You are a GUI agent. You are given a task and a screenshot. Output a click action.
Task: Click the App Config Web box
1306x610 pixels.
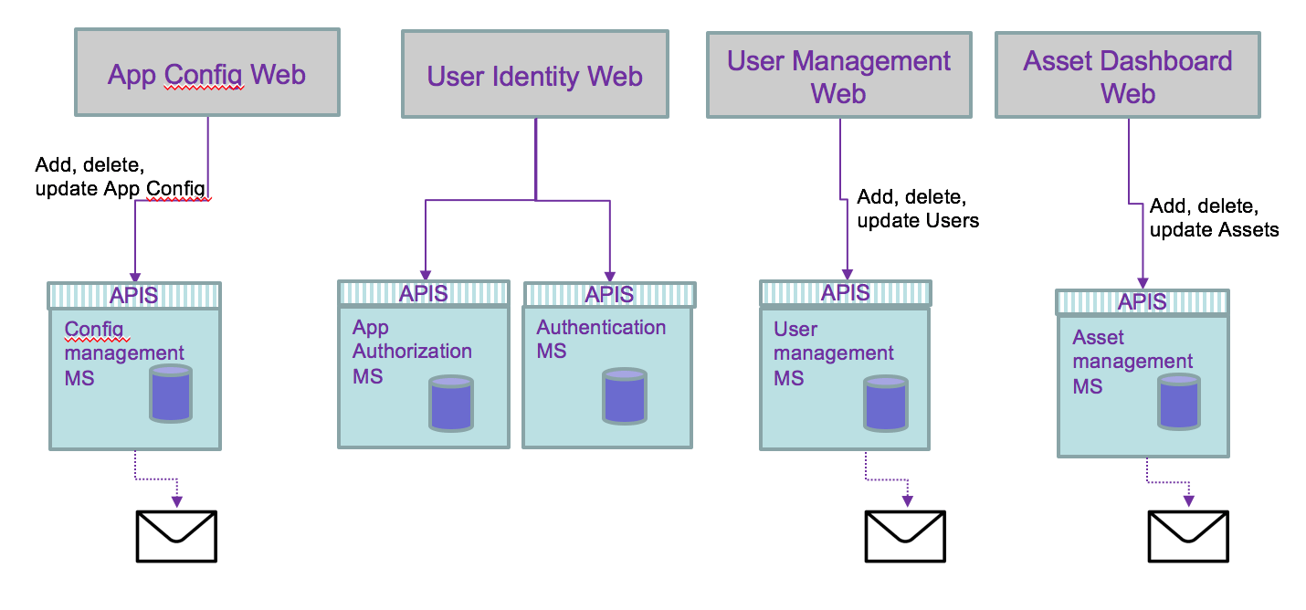pyautogui.click(x=206, y=72)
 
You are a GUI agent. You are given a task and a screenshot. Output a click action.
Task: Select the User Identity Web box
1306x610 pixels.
pyautogui.click(x=534, y=74)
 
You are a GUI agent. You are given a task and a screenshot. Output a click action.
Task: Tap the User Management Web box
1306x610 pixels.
pyautogui.click(x=838, y=76)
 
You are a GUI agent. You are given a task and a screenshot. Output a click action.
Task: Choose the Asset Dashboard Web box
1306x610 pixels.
pyautogui.click(x=1127, y=76)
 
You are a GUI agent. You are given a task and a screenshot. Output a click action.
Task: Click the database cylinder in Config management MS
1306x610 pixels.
pyautogui.click(x=171, y=394)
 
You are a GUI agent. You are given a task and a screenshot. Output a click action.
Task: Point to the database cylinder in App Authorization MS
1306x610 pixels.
pyautogui.click(x=451, y=402)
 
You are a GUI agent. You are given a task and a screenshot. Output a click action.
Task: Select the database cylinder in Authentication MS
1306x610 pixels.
pyautogui.click(x=625, y=396)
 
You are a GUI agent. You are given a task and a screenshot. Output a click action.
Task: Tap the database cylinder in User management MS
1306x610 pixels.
pyautogui.click(x=885, y=402)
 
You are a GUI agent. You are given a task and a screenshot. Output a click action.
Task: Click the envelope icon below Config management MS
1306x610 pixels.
pyautogui.click(x=176, y=536)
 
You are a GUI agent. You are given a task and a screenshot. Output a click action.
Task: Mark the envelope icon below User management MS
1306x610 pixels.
pyautogui.click(x=905, y=536)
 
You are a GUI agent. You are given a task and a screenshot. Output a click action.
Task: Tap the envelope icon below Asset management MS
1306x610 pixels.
pyautogui.click(x=1188, y=536)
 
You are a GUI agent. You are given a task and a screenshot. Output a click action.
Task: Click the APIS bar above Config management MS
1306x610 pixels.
pyautogui.click(x=134, y=295)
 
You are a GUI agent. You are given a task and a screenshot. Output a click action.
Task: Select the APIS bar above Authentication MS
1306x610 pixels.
pyautogui.click(x=609, y=294)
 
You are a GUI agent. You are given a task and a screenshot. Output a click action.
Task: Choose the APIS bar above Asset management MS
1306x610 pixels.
pyautogui.click(x=1143, y=302)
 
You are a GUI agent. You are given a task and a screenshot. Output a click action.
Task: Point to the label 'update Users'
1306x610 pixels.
pyautogui.click(x=918, y=221)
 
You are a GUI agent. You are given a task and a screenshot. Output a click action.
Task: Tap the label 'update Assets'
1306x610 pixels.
pyautogui.click(x=1214, y=230)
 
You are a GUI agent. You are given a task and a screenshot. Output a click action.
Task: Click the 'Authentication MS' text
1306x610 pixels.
pyautogui.click(x=600, y=339)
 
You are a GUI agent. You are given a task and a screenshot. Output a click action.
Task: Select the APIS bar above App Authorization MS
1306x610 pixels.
pyautogui.click(x=424, y=293)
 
